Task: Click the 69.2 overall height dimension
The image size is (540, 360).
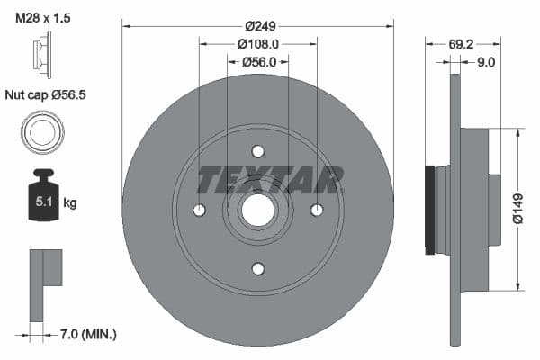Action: [462, 41]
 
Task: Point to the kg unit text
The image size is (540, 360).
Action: [70, 202]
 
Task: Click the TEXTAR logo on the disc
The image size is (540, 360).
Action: [270, 180]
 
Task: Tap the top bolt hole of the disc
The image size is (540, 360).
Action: [258, 151]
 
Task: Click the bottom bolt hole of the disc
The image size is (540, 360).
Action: [258, 268]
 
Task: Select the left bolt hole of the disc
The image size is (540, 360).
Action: [200, 210]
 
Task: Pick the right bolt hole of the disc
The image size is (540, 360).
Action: [317, 210]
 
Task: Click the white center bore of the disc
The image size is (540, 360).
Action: [258, 210]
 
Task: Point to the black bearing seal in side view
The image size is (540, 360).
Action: [430, 209]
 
